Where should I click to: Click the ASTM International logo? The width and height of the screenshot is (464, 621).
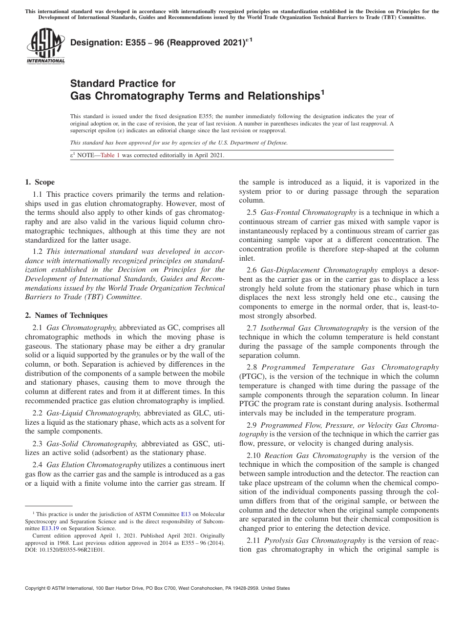pyautogui.click(x=45, y=47)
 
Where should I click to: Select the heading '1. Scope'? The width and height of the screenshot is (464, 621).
pyautogui.click(x=40, y=183)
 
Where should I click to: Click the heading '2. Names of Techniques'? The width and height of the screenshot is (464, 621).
pyautogui.click(x=66, y=315)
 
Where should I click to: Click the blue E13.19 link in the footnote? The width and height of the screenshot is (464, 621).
pyautogui.click(x=44, y=528)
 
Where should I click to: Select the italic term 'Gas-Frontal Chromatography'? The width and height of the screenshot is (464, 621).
pyautogui.click(x=309, y=212)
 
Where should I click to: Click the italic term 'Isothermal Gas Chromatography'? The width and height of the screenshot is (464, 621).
pyautogui.click(x=315, y=328)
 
